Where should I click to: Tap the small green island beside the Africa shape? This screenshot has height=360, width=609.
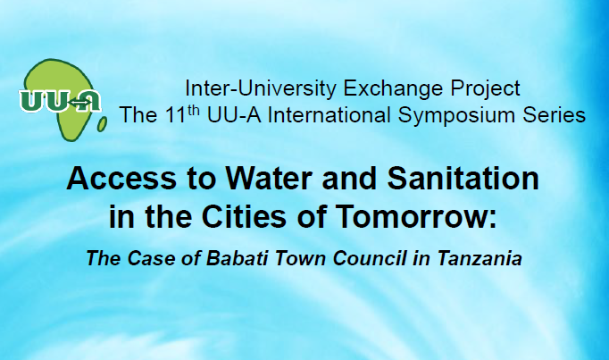(102, 124)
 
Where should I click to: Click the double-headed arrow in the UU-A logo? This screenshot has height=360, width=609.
(79, 103)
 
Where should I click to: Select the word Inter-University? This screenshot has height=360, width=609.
(260, 88)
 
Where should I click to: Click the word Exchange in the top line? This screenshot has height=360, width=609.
(393, 88)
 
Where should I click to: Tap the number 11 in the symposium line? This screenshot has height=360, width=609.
(175, 115)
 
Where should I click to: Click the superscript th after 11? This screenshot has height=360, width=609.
(194, 111)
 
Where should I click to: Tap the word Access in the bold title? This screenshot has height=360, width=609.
(121, 179)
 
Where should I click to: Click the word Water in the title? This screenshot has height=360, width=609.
(269, 179)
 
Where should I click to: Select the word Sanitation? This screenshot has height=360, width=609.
(463, 179)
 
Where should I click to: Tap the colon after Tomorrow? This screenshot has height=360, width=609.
(492, 220)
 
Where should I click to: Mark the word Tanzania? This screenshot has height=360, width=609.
(480, 258)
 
